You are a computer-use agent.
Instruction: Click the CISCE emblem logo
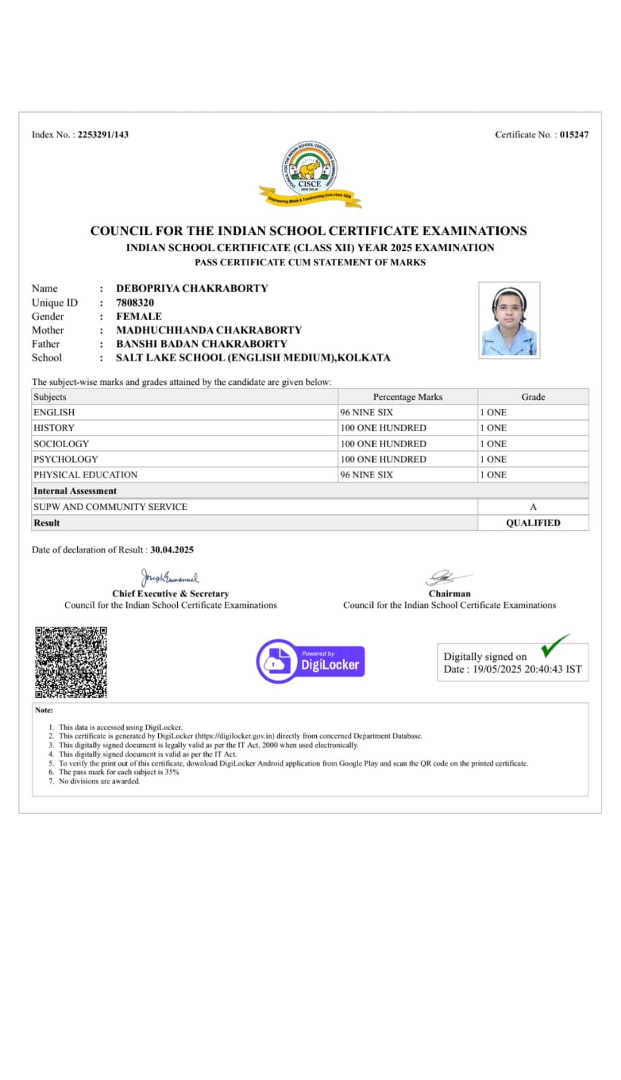pos(310,174)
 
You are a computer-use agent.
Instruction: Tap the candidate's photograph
pos(509,320)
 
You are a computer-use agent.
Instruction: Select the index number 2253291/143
pos(103,134)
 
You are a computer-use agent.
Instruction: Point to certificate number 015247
pos(574,134)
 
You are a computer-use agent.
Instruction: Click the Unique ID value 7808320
pos(135,303)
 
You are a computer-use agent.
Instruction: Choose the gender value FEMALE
pos(139,316)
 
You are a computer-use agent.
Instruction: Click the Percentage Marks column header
pos(407,396)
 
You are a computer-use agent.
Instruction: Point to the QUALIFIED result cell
pos(533,523)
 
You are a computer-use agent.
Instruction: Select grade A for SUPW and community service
pos(533,507)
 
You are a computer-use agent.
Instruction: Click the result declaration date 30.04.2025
pos(172,550)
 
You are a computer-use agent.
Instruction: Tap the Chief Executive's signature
pos(170,577)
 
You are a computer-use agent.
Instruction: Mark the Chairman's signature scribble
pos(447,577)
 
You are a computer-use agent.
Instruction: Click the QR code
pos(71,662)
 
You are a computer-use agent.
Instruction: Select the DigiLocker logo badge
pos(311,661)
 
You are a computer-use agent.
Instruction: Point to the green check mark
pos(555,646)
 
